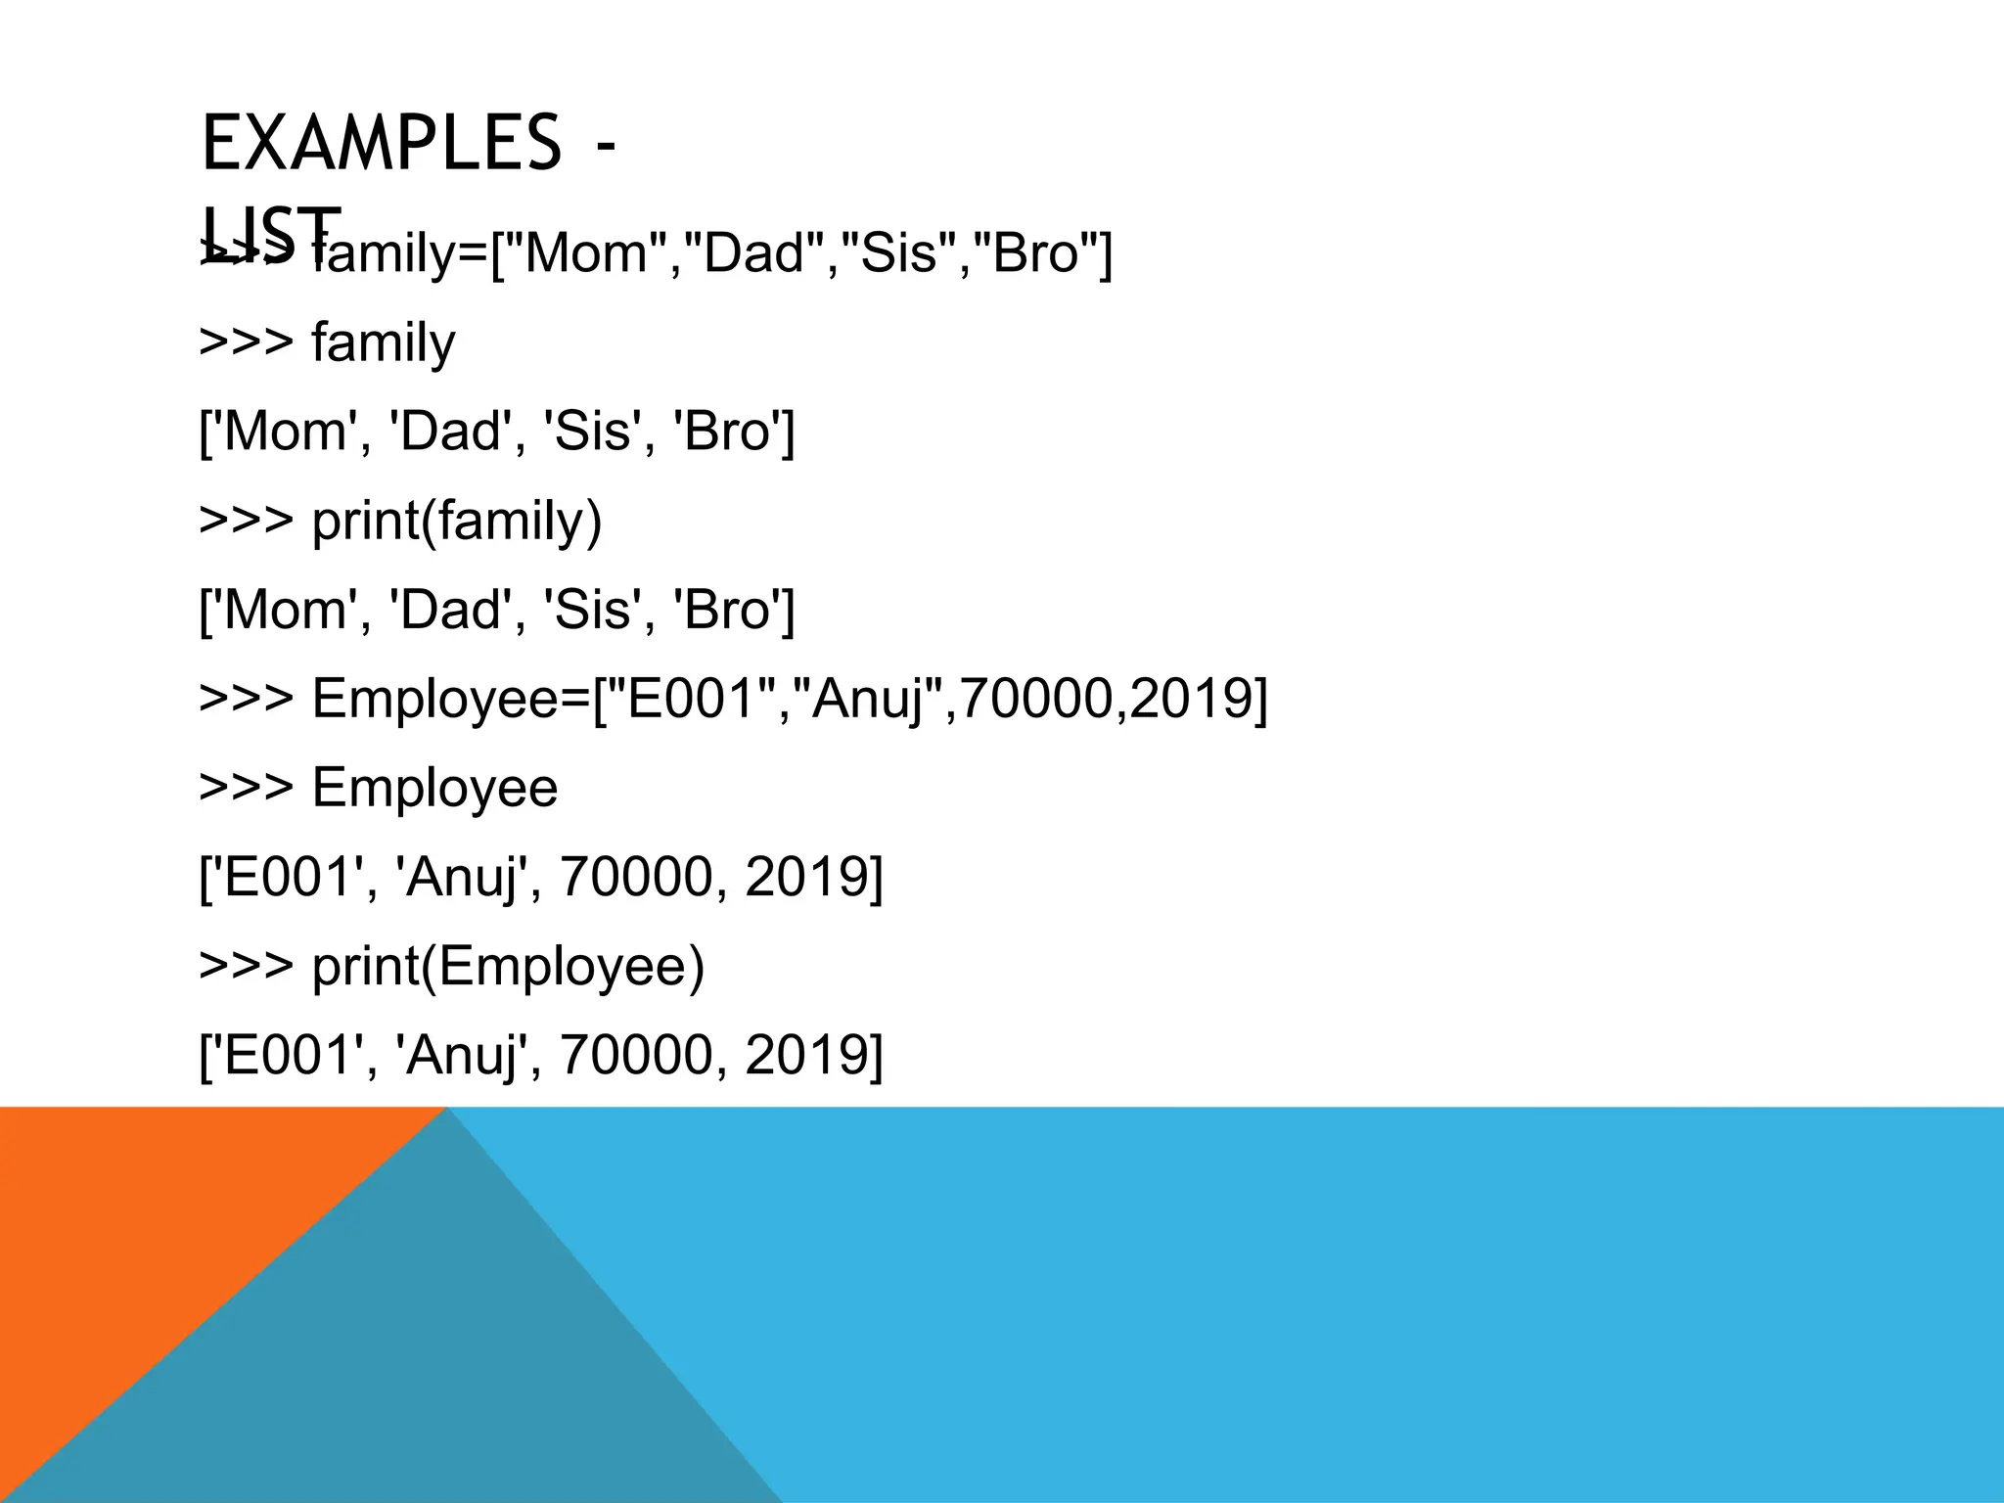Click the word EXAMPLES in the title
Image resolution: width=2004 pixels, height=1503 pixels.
click(381, 143)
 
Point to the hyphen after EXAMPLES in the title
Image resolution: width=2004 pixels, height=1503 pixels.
click(606, 145)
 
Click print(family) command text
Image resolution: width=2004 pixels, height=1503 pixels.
click(456, 521)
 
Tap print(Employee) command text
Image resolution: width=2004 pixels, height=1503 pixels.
click(508, 967)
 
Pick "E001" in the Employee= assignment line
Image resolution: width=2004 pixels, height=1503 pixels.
click(694, 699)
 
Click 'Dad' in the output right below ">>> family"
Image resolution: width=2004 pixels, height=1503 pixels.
click(450, 432)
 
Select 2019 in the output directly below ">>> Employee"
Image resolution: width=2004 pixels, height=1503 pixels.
click(806, 877)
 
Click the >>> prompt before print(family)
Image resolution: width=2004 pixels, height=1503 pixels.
click(246, 521)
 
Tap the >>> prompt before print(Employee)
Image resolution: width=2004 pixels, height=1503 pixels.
click(246, 967)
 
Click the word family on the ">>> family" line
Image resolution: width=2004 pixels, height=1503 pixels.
click(384, 343)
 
